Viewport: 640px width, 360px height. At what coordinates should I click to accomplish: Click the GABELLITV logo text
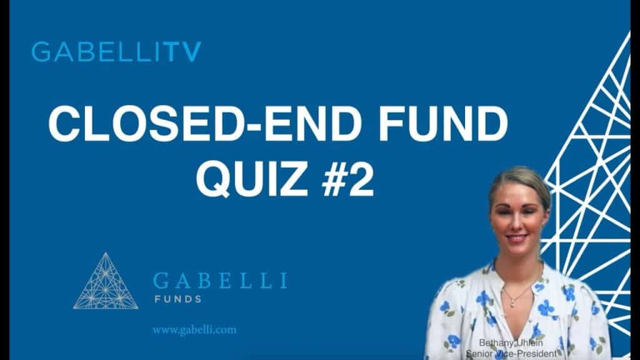(117, 51)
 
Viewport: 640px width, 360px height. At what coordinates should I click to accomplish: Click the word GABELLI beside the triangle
(221, 281)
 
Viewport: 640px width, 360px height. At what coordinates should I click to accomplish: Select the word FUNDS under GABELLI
(178, 299)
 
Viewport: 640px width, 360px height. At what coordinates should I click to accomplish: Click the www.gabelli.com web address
(195, 330)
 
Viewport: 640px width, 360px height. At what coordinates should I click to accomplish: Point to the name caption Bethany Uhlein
(511, 343)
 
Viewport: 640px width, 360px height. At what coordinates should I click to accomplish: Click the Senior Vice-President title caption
(511, 354)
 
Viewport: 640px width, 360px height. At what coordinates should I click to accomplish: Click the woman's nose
(516, 222)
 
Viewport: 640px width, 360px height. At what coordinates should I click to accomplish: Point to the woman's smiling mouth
(516, 237)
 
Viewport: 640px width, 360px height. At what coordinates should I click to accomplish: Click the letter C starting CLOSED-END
(64, 124)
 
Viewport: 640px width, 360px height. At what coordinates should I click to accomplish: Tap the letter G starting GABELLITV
(42, 52)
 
